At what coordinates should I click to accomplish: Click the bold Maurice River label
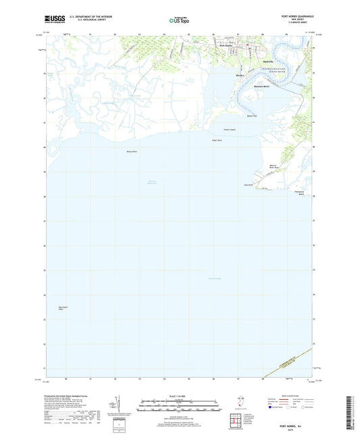coord(262,88)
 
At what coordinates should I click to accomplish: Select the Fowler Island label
coord(228,130)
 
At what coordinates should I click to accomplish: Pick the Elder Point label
coord(217,140)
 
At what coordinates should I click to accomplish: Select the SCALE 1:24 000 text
coord(180,399)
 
